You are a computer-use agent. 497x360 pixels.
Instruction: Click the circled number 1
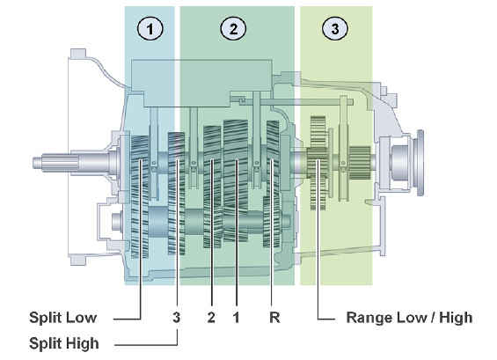click(x=150, y=29)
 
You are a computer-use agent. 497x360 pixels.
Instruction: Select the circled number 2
click(x=233, y=29)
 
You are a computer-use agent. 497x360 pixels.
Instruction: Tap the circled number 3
click(x=335, y=29)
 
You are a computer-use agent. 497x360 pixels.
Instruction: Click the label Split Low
click(x=63, y=318)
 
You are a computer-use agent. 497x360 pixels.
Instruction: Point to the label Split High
click(x=64, y=343)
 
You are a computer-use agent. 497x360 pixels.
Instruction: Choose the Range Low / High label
click(x=410, y=318)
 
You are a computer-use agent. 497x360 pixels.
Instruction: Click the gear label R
click(x=274, y=318)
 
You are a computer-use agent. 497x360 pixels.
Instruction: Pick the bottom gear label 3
click(x=177, y=318)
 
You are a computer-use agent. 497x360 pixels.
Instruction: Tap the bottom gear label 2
click(x=211, y=318)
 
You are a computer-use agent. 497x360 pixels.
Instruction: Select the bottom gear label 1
click(x=236, y=318)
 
